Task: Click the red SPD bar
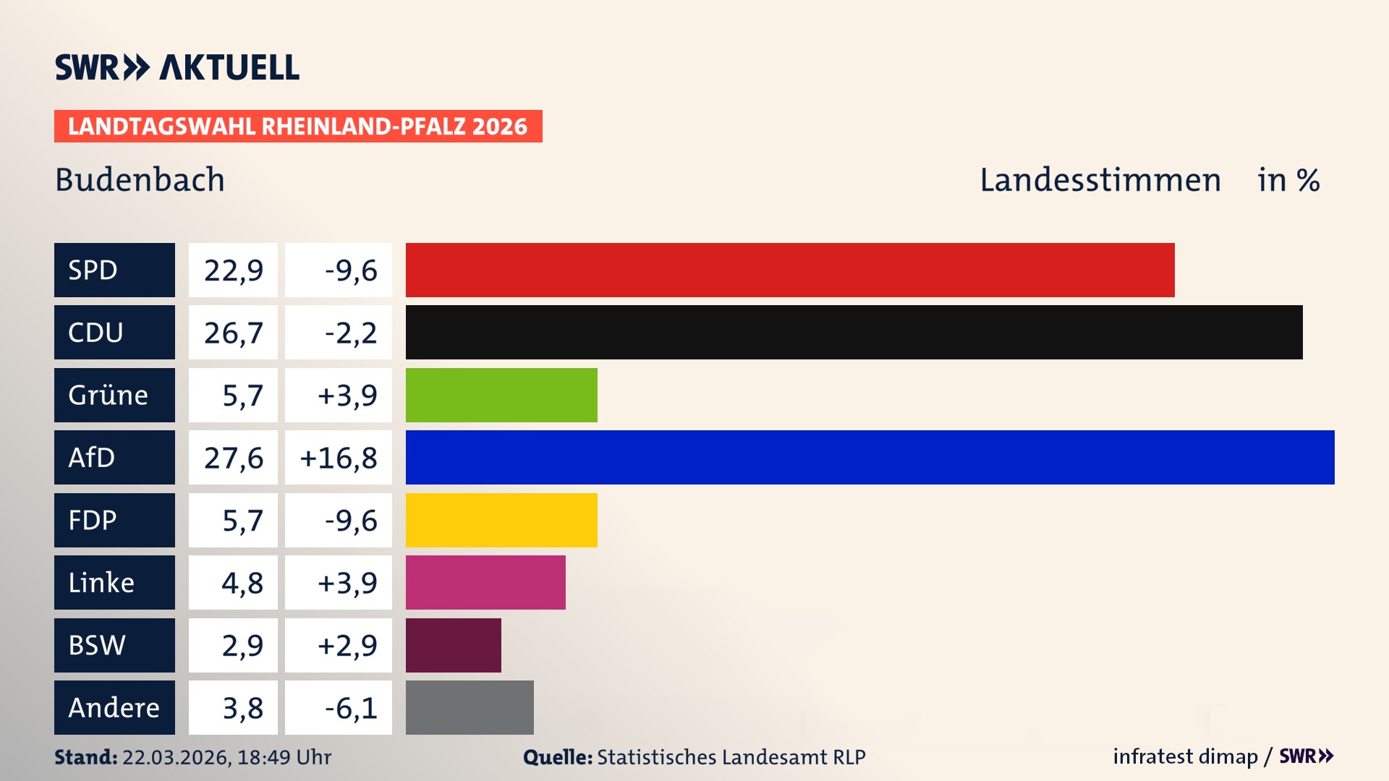coord(790,270)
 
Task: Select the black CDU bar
coord(854,333)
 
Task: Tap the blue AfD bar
coord(870,457)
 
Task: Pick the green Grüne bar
coord(501,395)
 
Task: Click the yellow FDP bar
coord(501,520)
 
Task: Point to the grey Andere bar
coord(470,707)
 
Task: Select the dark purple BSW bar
coord(454,645)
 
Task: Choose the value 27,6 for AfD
coord(233,458)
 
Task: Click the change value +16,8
coord(339,458)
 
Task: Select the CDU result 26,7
coord(233,333)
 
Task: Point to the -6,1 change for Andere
coord(350,707)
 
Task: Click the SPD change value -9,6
coord(350,270)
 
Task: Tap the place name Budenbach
coord(140,180)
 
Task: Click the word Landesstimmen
coord(1100,180)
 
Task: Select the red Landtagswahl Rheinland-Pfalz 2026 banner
coord(298,126)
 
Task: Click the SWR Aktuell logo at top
coord(177,67)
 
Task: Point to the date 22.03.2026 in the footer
coord(176,757)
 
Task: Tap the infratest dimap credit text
coord(1185,756)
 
